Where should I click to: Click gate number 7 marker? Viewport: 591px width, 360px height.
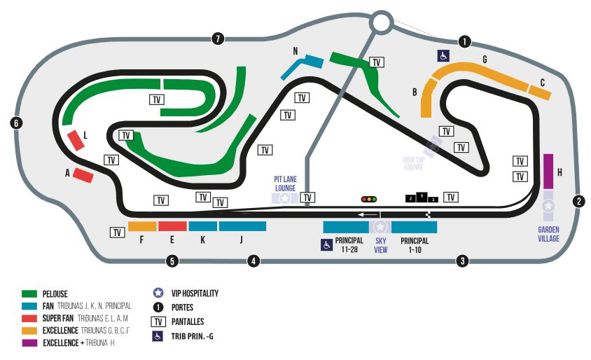coord(218,39)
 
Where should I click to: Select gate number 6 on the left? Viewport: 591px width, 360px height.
coord(16,123)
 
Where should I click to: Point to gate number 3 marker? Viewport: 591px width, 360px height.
coord(462,261)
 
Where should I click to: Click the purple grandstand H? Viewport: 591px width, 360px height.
coord(548,171)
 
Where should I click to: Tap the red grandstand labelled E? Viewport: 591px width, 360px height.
coord(172,226)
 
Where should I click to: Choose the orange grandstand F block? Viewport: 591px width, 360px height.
coord(142,227)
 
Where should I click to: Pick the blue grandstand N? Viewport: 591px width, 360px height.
coord(301,67)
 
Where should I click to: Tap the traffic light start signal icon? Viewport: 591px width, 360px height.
coord(369,199)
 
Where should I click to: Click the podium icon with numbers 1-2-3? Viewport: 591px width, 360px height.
coord(421,198)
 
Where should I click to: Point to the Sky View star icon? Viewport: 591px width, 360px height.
coord(380,228)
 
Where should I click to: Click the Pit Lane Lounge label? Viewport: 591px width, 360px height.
coord(285,184)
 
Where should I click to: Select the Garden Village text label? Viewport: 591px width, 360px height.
coord(548,234)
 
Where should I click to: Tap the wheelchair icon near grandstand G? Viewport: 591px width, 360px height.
coord(443,56)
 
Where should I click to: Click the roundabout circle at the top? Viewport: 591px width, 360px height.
coord(381,22)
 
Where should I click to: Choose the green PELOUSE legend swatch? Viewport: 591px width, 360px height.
coord(29,294)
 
